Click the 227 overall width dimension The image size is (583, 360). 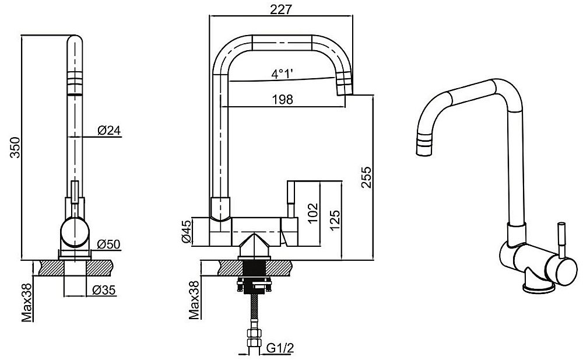(x=281, y=9)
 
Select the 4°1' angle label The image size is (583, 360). (x=282, y=74)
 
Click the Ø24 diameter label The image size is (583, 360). (x=109, y=131)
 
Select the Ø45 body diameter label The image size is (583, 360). (x=185, y=232)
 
